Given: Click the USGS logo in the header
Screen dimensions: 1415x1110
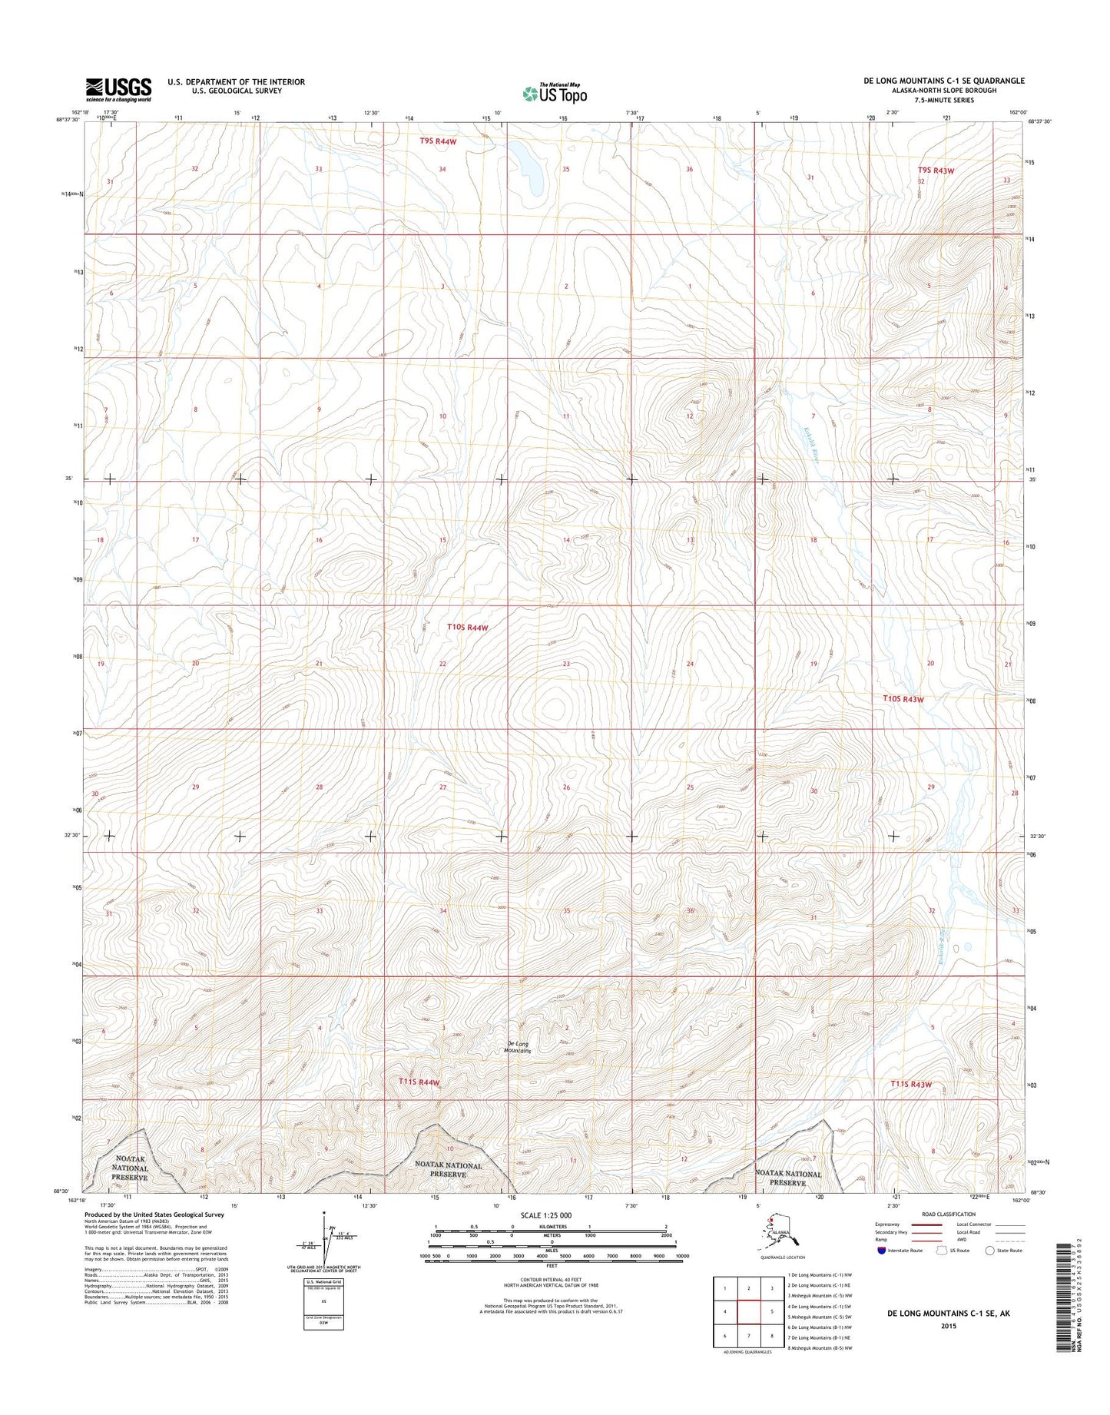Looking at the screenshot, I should pos(118,90).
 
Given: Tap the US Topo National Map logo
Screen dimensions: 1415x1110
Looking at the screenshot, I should pos(555,93).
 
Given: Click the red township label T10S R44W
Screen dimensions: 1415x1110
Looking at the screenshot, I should pos(468,628).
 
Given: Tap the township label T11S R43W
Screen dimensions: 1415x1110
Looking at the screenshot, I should pos(911,1085).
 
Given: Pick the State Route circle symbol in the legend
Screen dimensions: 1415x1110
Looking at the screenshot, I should pos(991,1250).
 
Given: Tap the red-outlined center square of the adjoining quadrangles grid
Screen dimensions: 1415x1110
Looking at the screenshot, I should pos(748,1311).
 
